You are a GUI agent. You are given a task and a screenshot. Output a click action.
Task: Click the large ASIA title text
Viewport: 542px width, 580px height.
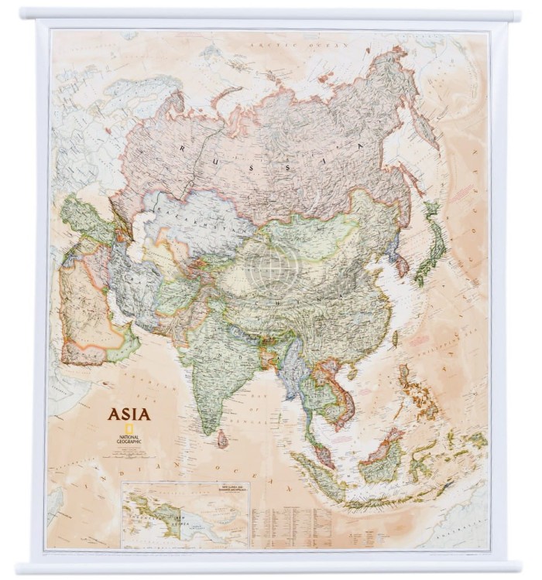tap(129, 414)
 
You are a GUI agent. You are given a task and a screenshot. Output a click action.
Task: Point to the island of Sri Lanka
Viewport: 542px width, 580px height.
tap(222, 439)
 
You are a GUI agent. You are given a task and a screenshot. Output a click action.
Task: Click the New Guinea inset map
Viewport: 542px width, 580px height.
tap(184, 513)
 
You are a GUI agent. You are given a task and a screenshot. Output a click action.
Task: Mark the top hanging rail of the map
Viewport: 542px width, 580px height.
tap(271, 15)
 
